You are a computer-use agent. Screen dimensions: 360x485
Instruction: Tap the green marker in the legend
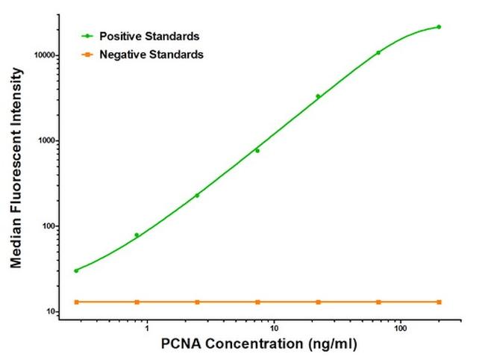[90, 36]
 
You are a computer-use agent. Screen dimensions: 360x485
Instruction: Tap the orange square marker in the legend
[90, 54]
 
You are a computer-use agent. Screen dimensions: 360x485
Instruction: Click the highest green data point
[439, 27]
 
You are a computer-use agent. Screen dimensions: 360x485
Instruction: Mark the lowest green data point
[76, 270]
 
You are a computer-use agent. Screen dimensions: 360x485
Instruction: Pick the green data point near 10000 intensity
[378, 52]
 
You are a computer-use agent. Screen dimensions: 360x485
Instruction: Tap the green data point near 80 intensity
[137, 235]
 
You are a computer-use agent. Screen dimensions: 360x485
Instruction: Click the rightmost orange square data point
[439, 302]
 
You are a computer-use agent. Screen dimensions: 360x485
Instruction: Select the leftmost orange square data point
[76, 302]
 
